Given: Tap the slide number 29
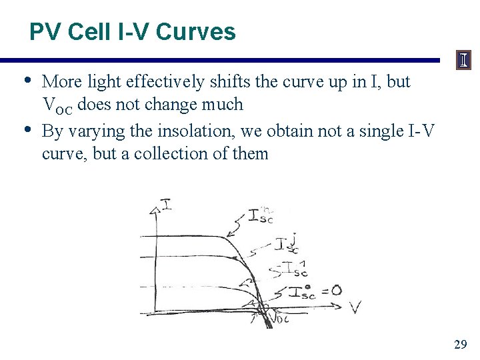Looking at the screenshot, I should (x=460, y=345).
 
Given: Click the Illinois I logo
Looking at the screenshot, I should (x=463, y=61).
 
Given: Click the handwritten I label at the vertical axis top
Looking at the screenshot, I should (x=166, y=203).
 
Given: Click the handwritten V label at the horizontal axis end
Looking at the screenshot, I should (x=357, y=307).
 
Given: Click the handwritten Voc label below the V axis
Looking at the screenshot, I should (x=280, y=318).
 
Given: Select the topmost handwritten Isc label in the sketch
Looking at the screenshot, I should (x=260, y=215).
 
